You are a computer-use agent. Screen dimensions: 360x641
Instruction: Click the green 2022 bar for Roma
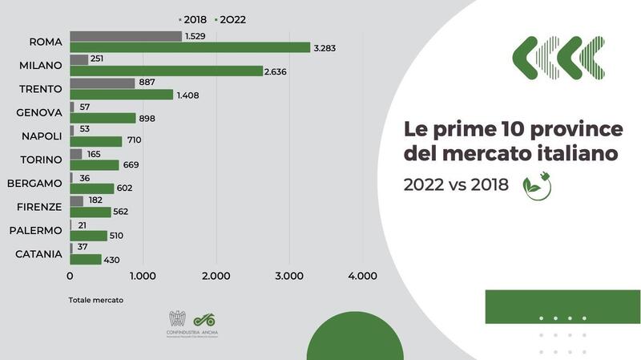pyautogui.click(x=190, y=47)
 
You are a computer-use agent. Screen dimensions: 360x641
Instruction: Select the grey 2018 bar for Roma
pyautogui.click(x=126, y=36)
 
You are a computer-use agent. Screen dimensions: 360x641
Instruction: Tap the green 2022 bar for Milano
pyautogui.click(x=166, y=71)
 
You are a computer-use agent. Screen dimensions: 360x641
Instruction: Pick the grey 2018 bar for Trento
pyautogui.click(x=103, y=83)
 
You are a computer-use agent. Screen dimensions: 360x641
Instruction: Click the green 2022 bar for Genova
pyautogui.click(x=103, y=118)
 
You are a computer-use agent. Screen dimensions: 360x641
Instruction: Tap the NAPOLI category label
pyautogui.click(x=41, y=136)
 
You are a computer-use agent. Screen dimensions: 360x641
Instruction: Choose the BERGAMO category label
pyautogui.click(x=34, y=183)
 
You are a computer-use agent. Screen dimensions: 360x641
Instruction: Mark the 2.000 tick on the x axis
pyautogui.click(x=216, y=277)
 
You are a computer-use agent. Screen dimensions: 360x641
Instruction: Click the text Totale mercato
pyautogui.click(x=96, y=301)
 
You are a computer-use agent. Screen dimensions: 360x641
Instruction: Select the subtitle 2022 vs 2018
pyautogui.click(x=456, y=184)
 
